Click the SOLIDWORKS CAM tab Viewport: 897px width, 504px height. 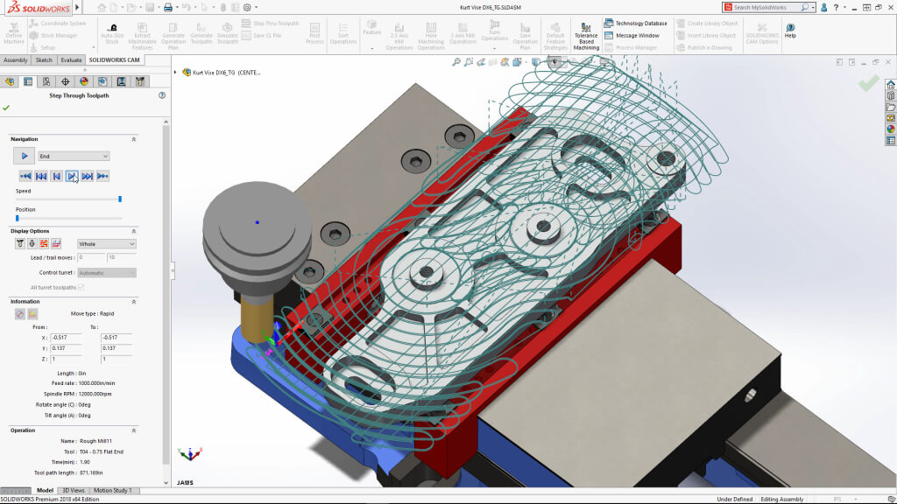click(x=114, y=60)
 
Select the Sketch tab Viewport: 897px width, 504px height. click(x=43, y=60)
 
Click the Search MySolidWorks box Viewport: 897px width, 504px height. click(x=766, y=7)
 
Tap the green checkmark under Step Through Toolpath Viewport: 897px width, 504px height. click(x=6, y=108)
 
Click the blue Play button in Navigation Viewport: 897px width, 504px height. click(x=25, y=156)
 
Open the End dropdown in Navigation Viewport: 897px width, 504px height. click(x=74, y=156)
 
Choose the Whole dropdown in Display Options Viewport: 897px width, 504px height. click(x=107, y=244)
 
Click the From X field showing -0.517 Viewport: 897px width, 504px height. click(x=66, y=337)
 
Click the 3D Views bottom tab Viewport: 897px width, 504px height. click(x=74, y=491)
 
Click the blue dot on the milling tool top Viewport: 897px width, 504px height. click(x=257, y=222)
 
